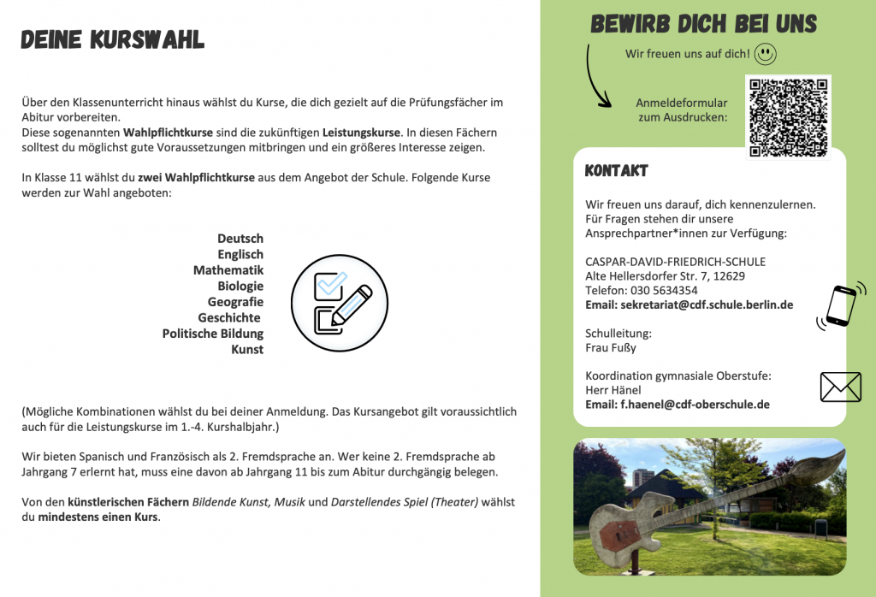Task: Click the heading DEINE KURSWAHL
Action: click(112, 39)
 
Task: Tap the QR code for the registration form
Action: click(788, 117)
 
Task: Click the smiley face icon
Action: click(766, 55)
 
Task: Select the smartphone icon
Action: click(840, 305)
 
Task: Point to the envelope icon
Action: click(840, 387)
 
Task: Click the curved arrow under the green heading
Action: click(595, 76)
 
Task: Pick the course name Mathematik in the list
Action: click(228, 270)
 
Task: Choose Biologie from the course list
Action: click(240, 286)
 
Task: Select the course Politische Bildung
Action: click(213, 334)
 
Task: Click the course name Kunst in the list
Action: click(247, 349)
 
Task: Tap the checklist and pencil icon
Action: click(333, 303)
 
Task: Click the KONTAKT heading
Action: click(616, 171)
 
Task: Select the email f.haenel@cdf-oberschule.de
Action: click(695, 404)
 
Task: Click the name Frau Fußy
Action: click(611, 348)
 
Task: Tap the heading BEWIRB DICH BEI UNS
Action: click(703, 24)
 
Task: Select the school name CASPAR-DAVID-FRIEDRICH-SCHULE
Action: click(675, 261)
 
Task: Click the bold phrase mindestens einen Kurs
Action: click(98, 517)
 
